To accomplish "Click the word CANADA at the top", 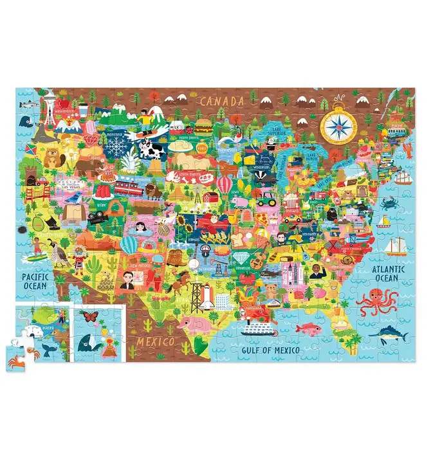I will tap(222, 101).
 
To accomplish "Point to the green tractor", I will tap(266, 199).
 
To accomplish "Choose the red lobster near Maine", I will tap(407, 150).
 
